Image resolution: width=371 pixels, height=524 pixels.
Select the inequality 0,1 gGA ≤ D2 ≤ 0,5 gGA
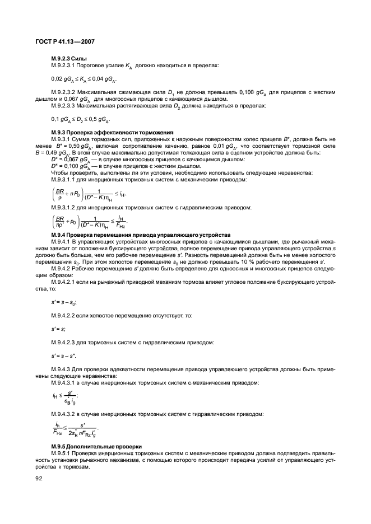(80, 119)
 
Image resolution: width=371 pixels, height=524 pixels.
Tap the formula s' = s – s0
(64, 302)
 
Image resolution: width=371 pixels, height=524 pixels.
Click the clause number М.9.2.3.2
(68, 92)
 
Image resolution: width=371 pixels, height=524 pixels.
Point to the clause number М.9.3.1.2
(67, 208)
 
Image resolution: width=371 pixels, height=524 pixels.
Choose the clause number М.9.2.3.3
(68, 105)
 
